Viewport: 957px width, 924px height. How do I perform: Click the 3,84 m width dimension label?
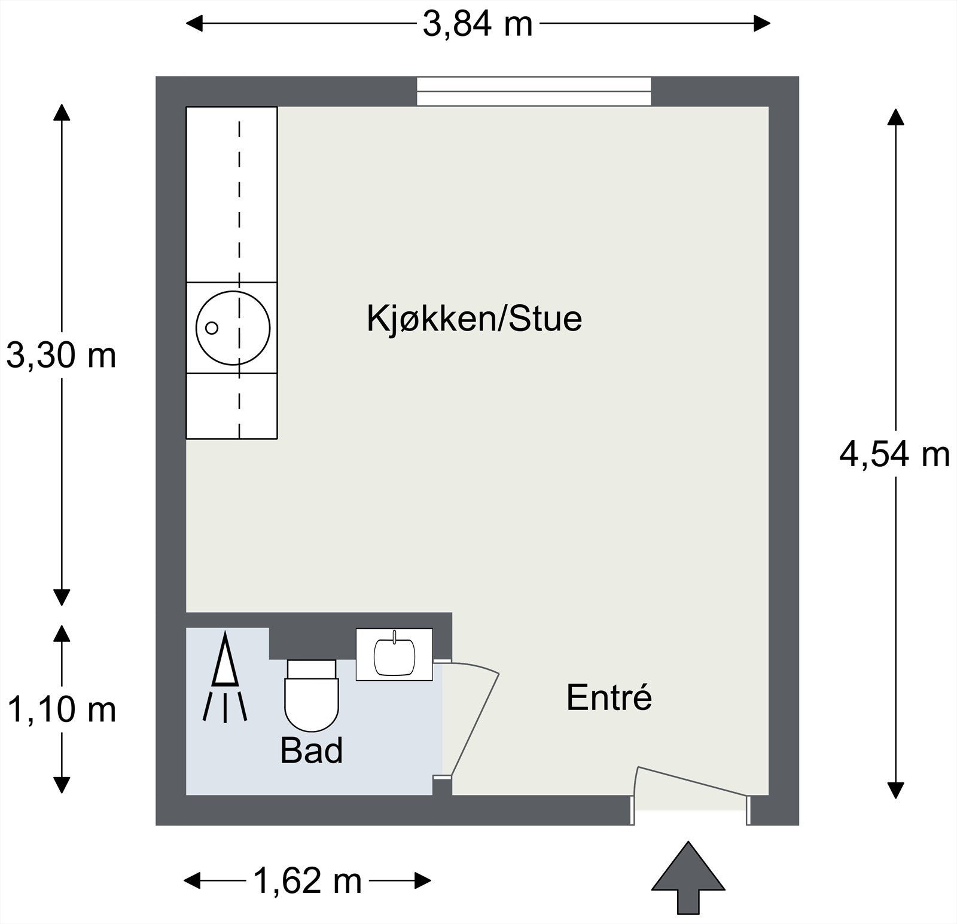point(477,25)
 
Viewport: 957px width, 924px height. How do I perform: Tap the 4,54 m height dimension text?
point(894,455)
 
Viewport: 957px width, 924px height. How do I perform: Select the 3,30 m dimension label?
point(61,356)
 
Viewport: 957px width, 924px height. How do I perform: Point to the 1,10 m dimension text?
point(61,710)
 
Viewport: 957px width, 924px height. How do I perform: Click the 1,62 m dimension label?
point(307,880)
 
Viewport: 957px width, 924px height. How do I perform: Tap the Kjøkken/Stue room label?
point(474,319)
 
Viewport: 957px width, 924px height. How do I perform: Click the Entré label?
point(609,697)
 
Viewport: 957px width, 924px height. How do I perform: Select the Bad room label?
point(311,751)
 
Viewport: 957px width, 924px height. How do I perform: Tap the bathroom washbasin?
point(395,656)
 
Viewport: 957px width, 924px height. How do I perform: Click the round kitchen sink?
point(233,328)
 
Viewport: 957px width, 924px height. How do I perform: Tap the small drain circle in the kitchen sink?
point(211,328)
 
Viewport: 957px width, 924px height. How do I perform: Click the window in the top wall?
point(534,91)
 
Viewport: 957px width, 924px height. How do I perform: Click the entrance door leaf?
point(693,781)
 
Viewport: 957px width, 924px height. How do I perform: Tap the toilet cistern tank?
point(311,669)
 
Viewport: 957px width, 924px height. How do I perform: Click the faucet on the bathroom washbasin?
point(394,637)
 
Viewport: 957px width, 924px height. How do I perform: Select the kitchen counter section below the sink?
point(231,406)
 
